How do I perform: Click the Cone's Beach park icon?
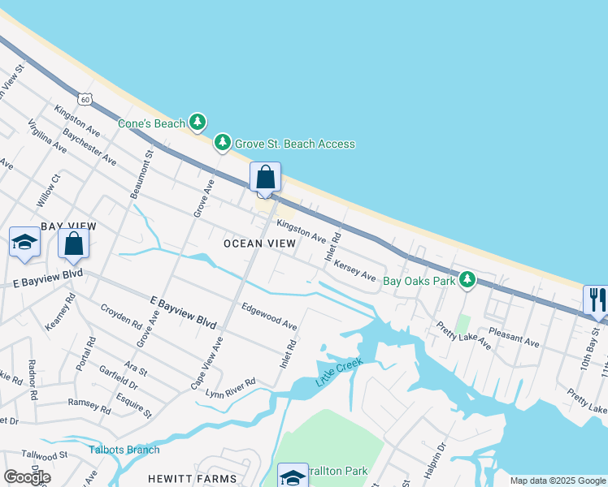pyautogui.click(x=197, y=123)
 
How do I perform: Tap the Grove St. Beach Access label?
pyautogui.click(x=294, y=144)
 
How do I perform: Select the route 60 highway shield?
pyautogui.click(x=85, y=98)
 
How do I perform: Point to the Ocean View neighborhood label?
pyautogui.click(x=260, y=243)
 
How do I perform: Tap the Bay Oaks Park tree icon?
pyautogui.click(x=467, y=280)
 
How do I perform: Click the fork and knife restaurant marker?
pyautogui.click(x=595, y=299)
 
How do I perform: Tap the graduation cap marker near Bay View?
pyautogui.click(x=24, y=242)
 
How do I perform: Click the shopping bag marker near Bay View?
pyautogui.click(x=73, y=243)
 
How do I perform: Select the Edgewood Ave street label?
pyautogui.click(x=269, y=317)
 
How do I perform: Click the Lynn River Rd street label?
pyautogui.click(x=231, y=387)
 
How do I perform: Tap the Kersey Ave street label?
pyautogui.click(x=355, y=270)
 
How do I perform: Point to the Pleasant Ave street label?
pyautogui.click(x=514, y=338)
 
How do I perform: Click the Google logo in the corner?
pyautogui.click(x=27, y=476)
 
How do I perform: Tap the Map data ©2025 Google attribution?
pyautogui.click(x=558, y=481)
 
